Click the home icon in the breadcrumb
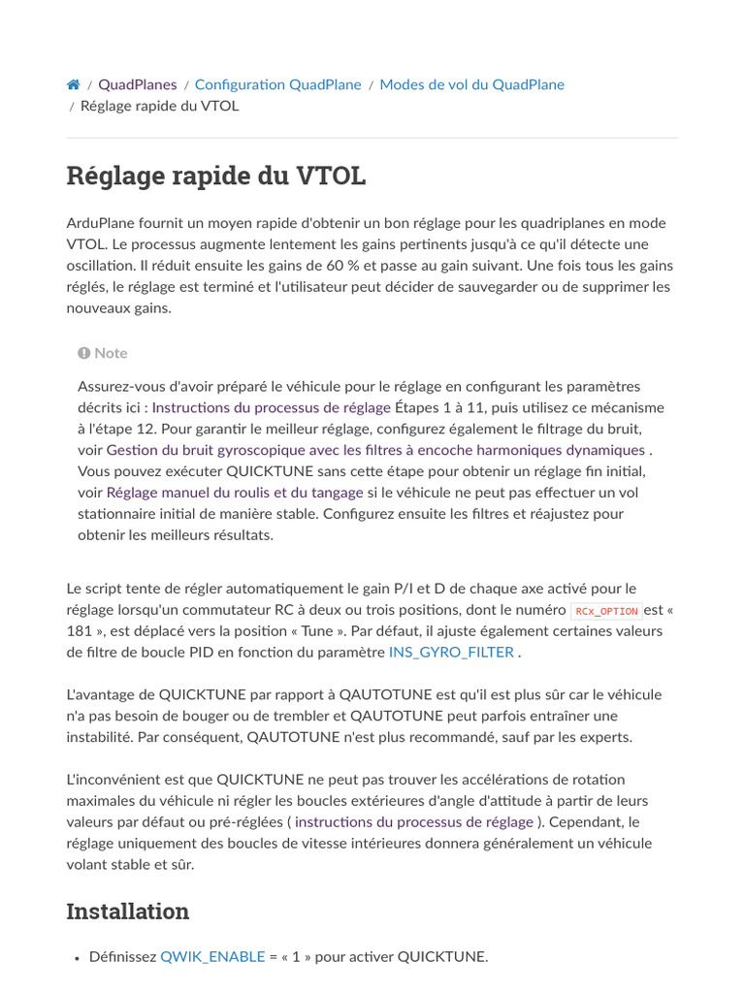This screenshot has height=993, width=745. [x=74, y=84]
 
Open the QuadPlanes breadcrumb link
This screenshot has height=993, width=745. [x=137, y=84]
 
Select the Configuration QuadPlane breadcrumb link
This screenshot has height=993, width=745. [x=277, y=84]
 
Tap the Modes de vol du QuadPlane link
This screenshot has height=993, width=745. [x=471, y=84]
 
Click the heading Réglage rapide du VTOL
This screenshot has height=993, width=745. [x=215, y=176]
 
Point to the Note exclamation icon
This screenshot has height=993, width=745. [x=84, y=353]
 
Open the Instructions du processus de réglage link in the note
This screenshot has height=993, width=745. [x=272, y=407]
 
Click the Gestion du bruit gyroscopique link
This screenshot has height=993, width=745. [x=375, y=450]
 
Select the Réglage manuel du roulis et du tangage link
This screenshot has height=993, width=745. [x=235, y=493]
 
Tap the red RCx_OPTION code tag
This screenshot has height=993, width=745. [x=606, y=611]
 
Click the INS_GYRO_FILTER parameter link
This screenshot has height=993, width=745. [x=451, y=652]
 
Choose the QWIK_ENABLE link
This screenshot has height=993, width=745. [x=212, y=956]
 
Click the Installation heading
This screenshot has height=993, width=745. [x=127, y=912]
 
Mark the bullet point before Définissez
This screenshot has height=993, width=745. [x=77, y=957]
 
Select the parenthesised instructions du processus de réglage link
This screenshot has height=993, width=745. [x=414, y=821]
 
